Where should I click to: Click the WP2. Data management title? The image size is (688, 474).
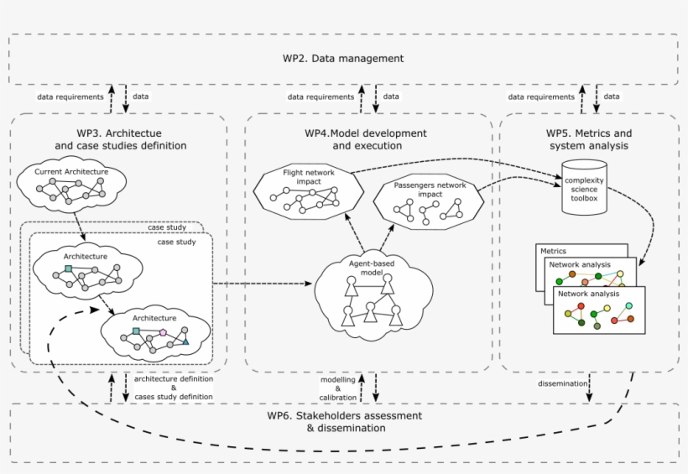(x=343, y=59)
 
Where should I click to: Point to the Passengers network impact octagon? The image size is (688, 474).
(x=426, y=203)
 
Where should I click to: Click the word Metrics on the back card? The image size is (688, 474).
(x=553, y=251)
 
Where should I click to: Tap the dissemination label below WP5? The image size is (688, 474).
(x=564, y=385)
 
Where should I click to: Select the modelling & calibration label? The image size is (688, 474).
(x=338, y=387)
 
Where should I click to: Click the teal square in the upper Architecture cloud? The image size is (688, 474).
(x=68, y=269)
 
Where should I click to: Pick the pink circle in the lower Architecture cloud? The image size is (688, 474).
(x=163, y=333)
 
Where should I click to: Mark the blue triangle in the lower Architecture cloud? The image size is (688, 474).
(x=185, y=341)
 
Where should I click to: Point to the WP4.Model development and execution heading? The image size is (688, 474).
(x=365, y=139)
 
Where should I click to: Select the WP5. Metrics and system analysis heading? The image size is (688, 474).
(x=589, y=139)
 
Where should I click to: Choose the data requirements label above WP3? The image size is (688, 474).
(x=70, y=96)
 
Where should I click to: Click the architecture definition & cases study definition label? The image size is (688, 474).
(x=174, y=388)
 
